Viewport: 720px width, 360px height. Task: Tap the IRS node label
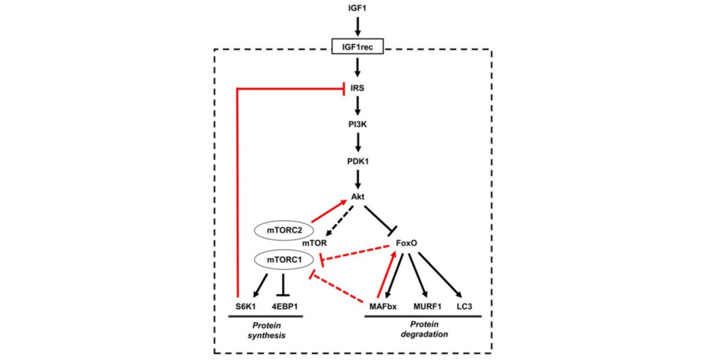pyautogui.click(x=358, y=88)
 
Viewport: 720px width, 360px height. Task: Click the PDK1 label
pyautogui.click(x=358, y=161)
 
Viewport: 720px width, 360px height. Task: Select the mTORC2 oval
pyautogui.click(x=281, y=229)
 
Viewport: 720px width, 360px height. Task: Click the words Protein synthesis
pyautogui.click(x=265, y=329)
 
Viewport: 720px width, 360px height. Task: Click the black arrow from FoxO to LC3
pyautogui.click(x=440, y=275)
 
